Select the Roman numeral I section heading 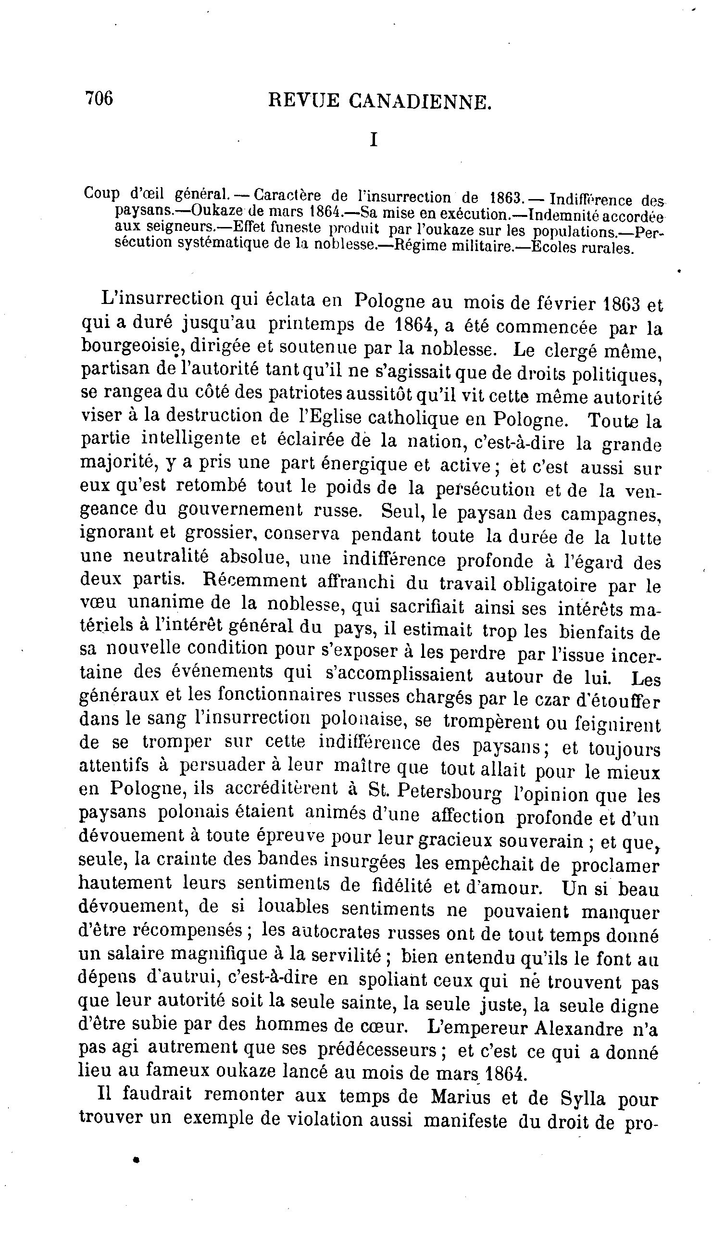pos(374,140)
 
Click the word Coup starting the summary pos(101,193)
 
